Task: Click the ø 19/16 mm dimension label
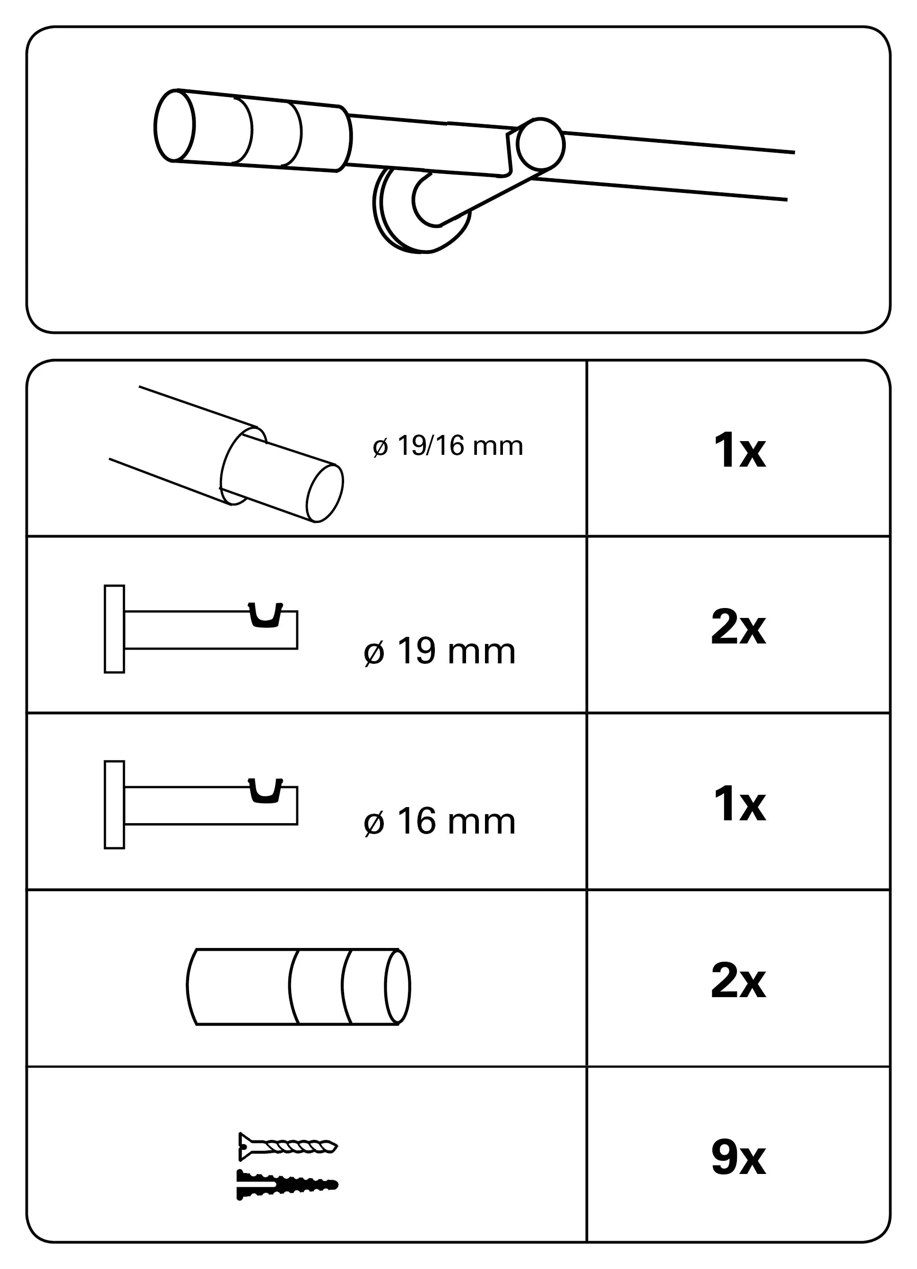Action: pyautogui.click(x=448, y=446)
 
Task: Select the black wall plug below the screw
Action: pyautogui.click(x=287, y=1184)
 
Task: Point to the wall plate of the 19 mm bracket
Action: pyautogui.click(x=114, y=629)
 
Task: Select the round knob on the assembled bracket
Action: pyautogui.click(x=540, y=144)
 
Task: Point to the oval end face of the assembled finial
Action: pyautogui.click(x=174, y=125)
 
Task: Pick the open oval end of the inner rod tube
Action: pyautogui.click(x=325, y=494)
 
